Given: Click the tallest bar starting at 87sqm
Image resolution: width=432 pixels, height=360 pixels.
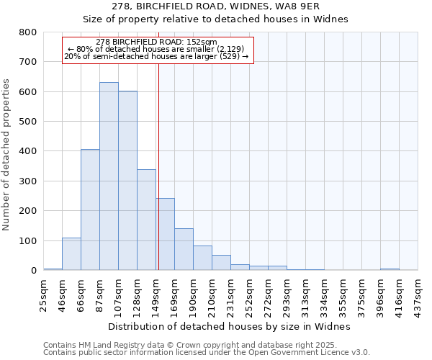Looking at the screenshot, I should pos(109,176).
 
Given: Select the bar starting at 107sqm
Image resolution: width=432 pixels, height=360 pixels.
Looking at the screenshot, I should pos(127,181).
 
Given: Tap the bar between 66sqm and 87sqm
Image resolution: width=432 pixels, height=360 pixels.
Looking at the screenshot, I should pos(90,210).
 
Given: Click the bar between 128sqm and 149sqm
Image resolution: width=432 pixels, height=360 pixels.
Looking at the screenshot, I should pos(146,220).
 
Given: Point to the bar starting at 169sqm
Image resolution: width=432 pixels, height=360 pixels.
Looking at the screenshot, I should pos(184,249).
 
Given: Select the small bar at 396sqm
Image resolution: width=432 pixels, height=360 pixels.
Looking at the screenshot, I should pos(390,269).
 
